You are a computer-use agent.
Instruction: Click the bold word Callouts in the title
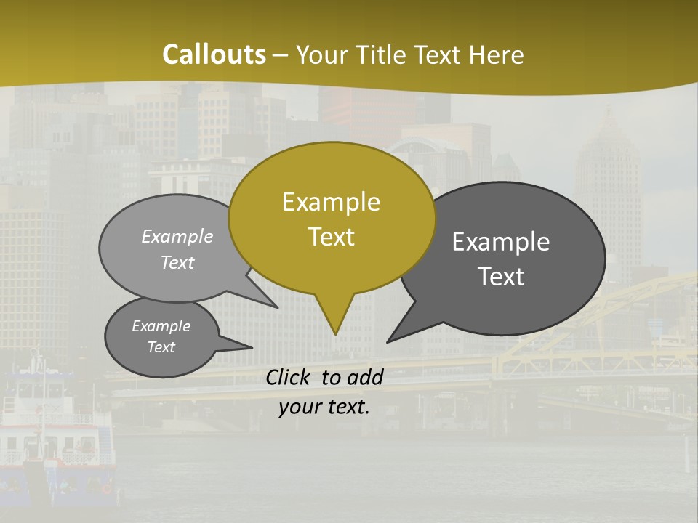click(214, 54)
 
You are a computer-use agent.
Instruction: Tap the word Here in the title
click(495, 55)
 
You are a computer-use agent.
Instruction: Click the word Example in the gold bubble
click(331, 202)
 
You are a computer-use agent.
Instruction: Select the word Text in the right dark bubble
click(501, 277)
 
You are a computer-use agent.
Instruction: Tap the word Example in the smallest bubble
click(161, 326)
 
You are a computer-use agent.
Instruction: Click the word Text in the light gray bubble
click(177, 262)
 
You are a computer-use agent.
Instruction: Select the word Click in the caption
click(290, 377)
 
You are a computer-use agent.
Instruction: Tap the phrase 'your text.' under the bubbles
click(324, 407)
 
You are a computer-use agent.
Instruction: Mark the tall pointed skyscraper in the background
click(609, 189)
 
